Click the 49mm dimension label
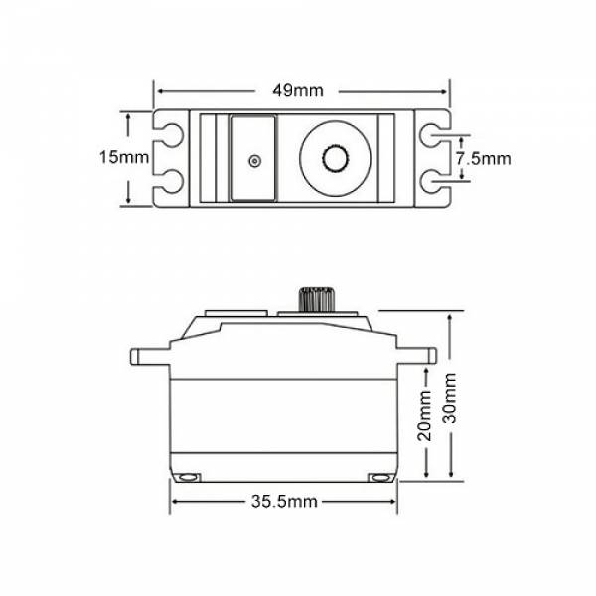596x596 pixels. click(x=298, y=90)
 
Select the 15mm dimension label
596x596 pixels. click(x=124, y=157)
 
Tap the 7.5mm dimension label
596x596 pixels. click(x=483, y=158)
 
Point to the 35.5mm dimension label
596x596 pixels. click(x=284, y=501)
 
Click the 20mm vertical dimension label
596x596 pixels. click(x=424, y=416)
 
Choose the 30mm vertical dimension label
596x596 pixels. click(x=450, y=398)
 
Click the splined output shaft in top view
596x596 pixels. click(x=336, y=158)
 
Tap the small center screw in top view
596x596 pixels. click(x=254, y=161)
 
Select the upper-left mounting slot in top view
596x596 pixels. click(x=169, y=134)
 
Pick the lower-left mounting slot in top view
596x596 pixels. click(x=169, y=181)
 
